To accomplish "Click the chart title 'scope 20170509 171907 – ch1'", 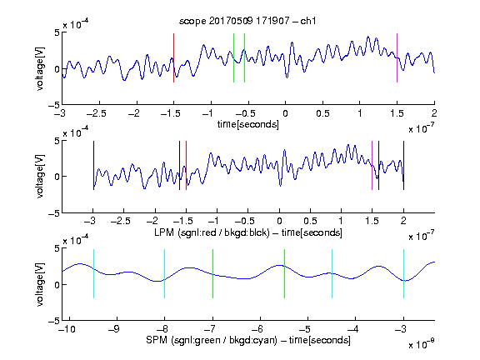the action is (247, 21).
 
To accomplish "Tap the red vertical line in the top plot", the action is (173, 57).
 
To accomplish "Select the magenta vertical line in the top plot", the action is (397, 57).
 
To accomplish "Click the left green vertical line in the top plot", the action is (233, 57).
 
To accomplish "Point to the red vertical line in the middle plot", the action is (186, 165).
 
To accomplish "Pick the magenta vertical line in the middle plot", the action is (372, 165).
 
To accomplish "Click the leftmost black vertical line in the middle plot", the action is (93, 165).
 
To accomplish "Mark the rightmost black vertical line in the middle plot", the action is (403, 165).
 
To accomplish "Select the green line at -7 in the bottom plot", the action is (212, 273).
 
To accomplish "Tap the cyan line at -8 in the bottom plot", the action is (165, 273).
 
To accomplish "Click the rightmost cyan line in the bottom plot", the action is (403, 273).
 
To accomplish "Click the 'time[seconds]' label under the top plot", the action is (248, 124).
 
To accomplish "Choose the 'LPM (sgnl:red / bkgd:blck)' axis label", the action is (212, 232).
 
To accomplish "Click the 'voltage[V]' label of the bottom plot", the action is (40, 284).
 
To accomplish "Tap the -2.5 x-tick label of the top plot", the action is (96, 113).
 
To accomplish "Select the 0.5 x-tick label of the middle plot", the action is (310, 221).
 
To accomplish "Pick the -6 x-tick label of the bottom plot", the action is (259, 329).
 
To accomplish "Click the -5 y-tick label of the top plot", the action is (54, 105).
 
